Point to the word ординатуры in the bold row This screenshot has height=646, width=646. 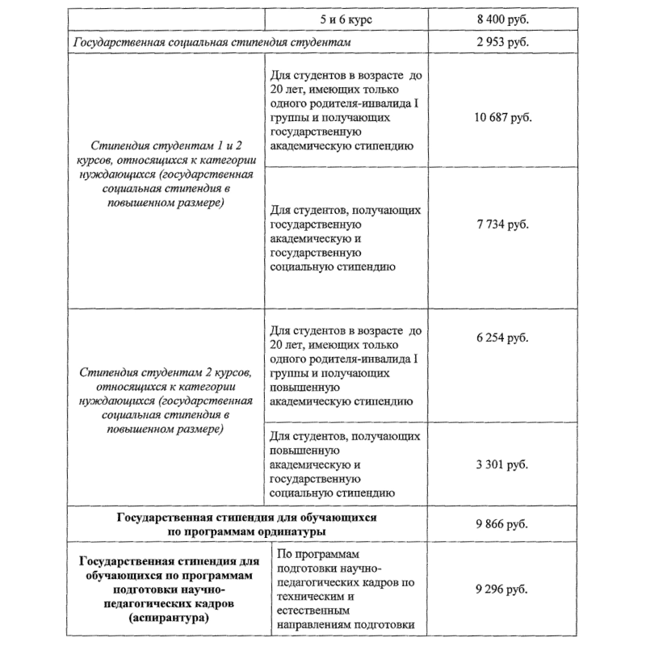coord(287,531)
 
